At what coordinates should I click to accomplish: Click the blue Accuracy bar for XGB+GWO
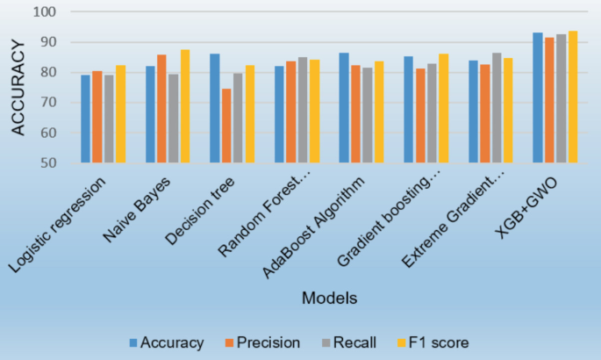(538, 97)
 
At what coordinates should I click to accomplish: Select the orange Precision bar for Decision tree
(226, 126)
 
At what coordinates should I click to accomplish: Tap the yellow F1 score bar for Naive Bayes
(185, 106)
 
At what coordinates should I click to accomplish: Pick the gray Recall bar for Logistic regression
(109, 119)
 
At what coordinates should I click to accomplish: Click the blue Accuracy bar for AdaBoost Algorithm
(344, 108)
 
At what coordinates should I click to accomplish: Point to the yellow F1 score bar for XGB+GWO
(572, 97)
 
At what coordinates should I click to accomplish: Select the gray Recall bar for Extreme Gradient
(497, 108)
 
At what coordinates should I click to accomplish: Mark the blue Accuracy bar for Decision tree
(215, 108)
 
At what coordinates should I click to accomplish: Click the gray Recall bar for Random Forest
(303, 110)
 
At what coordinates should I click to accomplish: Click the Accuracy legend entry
(166, 342)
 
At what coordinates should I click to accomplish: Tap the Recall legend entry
(348, 342)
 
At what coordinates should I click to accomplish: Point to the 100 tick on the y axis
(45, 12)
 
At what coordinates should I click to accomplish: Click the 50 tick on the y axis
(48, 163)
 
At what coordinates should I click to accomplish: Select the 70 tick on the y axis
(48, 103)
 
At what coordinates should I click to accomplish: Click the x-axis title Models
(330, 299)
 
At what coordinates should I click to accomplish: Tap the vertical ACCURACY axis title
(18, 87)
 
